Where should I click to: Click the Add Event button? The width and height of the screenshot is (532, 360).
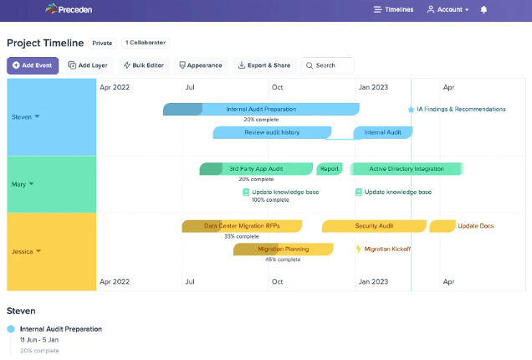(x=33, y=65)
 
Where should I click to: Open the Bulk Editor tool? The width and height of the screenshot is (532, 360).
(x=144, y=65)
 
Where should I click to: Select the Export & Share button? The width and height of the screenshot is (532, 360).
(x=263, y=65)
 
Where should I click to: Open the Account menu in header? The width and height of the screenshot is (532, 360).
(x=448, y=9)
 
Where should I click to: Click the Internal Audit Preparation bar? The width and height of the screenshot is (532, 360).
(x=261, y=109)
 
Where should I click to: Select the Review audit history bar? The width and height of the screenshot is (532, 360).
(x=272, y=132)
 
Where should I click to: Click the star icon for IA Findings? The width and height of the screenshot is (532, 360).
(x=411, y=109)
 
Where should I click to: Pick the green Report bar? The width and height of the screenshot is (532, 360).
(x=330, y=168)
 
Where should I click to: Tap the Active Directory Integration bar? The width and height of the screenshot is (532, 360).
(x=407, y=168)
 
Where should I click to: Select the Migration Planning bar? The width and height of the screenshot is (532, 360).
(x=283, y=249)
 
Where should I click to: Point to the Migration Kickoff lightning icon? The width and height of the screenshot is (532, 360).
(x=358, y=249)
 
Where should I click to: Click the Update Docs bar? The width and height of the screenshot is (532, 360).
(x=442, y=226)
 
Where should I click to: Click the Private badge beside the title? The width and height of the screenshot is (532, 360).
(x=102, y=43)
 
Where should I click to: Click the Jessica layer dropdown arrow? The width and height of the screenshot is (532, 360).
(x=38, y=250)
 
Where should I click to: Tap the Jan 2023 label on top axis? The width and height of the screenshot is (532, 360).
(x=373, y=87)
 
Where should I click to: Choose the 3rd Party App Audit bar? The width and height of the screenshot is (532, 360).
(x=256, y=168)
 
